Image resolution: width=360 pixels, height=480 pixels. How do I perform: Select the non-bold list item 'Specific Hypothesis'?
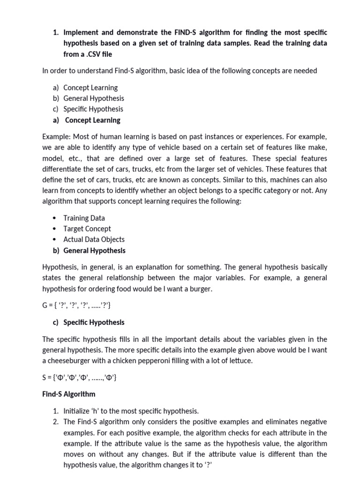(x=93, y=109)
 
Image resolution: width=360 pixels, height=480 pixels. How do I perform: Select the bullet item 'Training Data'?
(x=84, y=218)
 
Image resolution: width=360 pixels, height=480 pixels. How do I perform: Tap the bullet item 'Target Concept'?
(x=87, y=229)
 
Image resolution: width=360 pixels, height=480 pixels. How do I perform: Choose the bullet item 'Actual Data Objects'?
(x=94, y=239)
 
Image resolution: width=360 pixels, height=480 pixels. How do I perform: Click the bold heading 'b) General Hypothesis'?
(x=89, y=250)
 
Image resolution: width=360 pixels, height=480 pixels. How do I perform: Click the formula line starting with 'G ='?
(x=76, y=306)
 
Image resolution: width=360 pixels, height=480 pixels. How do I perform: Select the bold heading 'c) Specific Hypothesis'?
(x=89, y=322)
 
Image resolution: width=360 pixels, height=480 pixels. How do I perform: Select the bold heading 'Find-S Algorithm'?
(x=68, y=394)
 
